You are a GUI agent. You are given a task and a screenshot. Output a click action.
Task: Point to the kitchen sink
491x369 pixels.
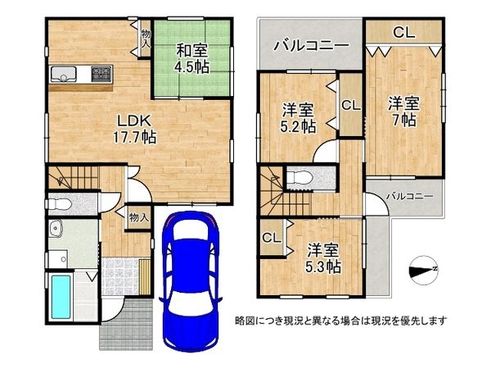pos(63,75)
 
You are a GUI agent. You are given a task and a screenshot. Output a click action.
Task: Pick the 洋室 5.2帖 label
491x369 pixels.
pos(299,117)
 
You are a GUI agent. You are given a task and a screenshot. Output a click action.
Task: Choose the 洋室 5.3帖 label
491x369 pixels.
pos(323,257)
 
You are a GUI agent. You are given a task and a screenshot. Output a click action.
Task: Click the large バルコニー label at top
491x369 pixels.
pos(312,44)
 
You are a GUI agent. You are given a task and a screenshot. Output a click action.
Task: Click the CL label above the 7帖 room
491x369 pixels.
pos(403,33)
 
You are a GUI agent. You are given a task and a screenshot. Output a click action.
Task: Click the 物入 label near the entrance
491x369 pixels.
pos(139,218)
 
